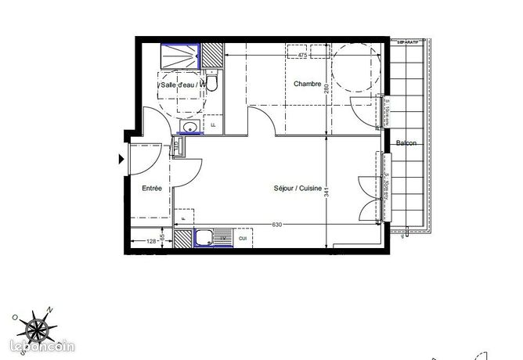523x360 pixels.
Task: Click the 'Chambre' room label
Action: pos(308,84)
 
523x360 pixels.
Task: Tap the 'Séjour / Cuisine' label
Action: pos(298,189)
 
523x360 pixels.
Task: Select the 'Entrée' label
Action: pos(151,189)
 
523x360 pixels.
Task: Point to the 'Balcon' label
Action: pos(406,143)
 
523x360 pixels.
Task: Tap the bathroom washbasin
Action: pos(188,128)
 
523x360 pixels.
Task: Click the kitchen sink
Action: pos(205,239)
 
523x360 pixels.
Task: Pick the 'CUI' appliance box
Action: pos(243,238)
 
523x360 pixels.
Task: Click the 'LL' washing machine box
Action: pos(214,124)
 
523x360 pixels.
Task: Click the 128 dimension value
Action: pos(150,240)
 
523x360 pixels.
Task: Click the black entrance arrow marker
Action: pos(121,160)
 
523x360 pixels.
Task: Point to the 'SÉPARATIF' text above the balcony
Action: pos(407,40)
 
